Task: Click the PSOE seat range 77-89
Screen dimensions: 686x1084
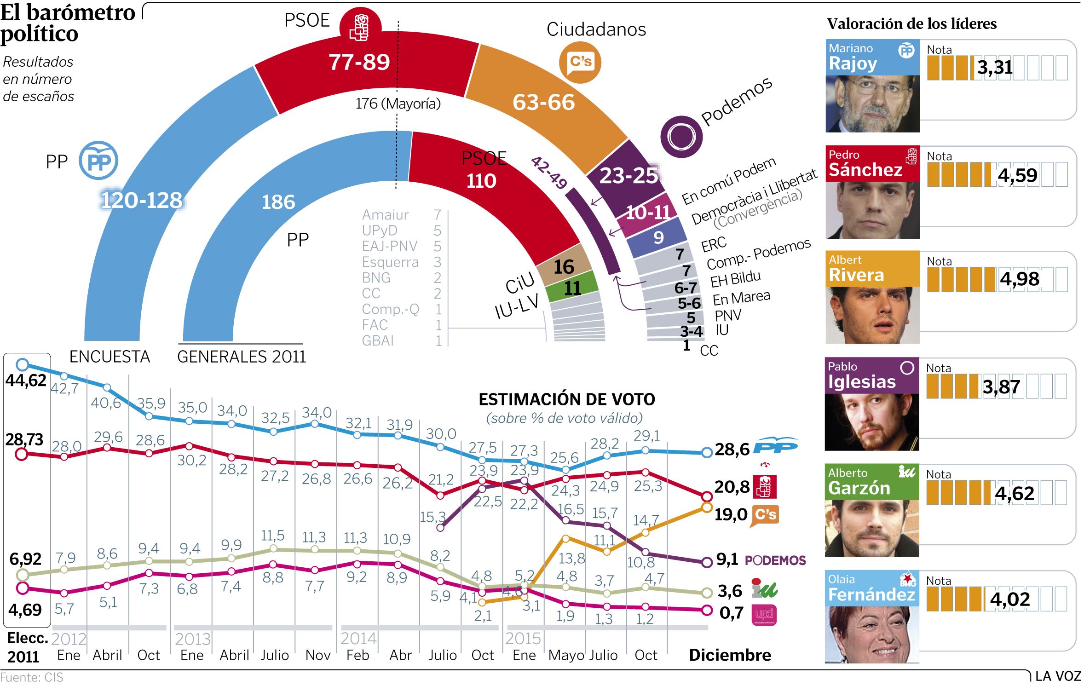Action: point(359,62)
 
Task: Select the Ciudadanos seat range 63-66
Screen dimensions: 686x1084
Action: point(543,102)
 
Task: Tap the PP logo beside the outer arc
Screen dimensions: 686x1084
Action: point(98,161)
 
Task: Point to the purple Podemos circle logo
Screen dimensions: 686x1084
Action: point(681,137)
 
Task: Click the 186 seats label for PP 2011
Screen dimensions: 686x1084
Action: point(278,202)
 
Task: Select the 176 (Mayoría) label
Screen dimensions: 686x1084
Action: point(398,104)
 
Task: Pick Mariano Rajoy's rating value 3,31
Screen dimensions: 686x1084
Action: point(995,68)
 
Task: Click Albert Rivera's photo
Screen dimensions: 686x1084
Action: point(872,315)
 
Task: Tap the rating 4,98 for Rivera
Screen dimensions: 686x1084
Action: point(1019,279)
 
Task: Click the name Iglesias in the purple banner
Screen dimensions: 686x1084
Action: point(862,382)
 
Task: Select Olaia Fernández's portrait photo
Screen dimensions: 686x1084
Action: point(871,634)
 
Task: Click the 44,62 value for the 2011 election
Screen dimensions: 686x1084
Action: point(26,381)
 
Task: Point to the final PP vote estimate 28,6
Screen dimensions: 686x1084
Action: point(732,449)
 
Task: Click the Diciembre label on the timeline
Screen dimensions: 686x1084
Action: point(730,655)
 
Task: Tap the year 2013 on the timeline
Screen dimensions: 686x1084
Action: point(192,639)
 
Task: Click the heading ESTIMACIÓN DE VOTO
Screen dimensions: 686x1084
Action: point(567,399)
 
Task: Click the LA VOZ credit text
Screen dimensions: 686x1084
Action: point(1058,676)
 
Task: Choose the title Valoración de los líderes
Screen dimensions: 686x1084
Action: point(911,24)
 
